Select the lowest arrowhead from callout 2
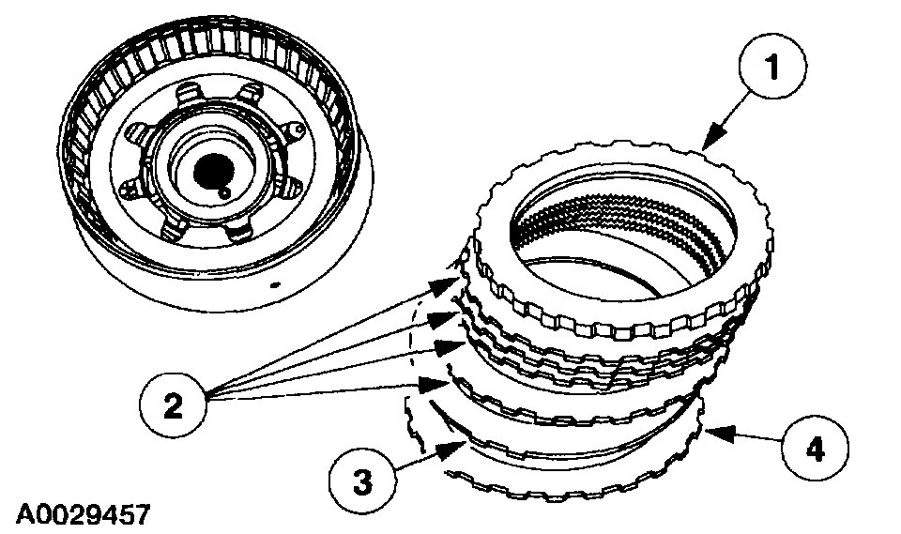(441, 383)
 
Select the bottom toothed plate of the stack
(563, 488)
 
